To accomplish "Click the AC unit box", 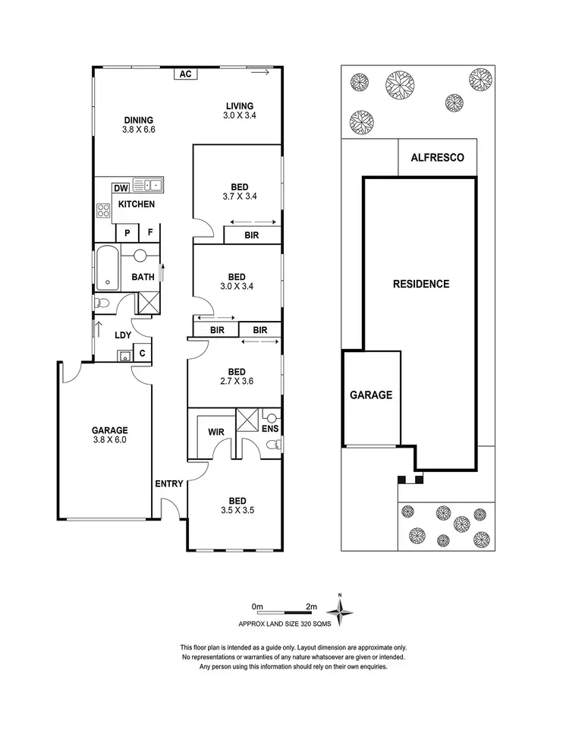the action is (x=185, y=74).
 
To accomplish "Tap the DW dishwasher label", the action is (x=120, y=189).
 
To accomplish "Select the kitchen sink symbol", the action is (x=148, y=184).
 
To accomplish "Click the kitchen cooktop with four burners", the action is (x=103, y=211).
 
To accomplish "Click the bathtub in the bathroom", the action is (x=107, y=268).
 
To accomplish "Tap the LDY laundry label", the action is (x=123, y=335).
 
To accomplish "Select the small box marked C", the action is (x=142, y=354).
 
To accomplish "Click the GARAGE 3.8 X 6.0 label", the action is (x=110, y=435).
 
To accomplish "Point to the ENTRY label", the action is (x=168, y=483).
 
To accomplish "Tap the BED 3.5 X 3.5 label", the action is (x=237, y=505).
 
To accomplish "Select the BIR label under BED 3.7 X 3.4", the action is (x=251, y=236).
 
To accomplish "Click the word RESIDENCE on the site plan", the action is (x=421, y=285).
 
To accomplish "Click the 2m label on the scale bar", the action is (x=310, y=607).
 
